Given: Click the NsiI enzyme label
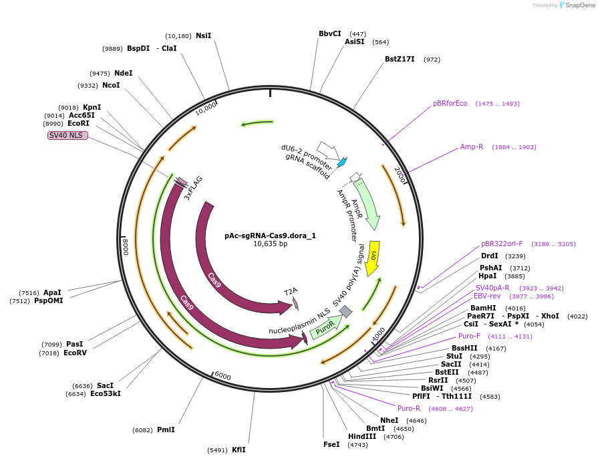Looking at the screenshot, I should coord(203,35).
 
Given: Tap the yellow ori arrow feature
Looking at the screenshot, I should coord(373,257).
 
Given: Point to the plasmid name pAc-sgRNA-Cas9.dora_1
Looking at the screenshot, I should coord(270,236).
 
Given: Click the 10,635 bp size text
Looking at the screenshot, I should coord(270,244).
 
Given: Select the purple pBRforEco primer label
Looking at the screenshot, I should coord(450,104).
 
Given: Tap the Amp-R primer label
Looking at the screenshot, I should coord(472,147).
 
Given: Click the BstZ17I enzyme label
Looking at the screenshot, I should coord(400,60).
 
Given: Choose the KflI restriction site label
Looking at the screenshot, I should coord(239,450).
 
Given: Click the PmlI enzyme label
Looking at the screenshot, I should coord(166,430).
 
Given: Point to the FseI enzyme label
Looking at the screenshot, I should coord(331,444).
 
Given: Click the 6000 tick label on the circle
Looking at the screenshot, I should coord(222,377).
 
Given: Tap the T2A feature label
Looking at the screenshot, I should coord(291,292).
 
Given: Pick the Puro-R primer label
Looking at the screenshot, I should coord(409,408).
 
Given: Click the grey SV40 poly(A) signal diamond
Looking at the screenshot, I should coord(345,311).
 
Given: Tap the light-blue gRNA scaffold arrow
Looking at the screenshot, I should coord(342,162).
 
